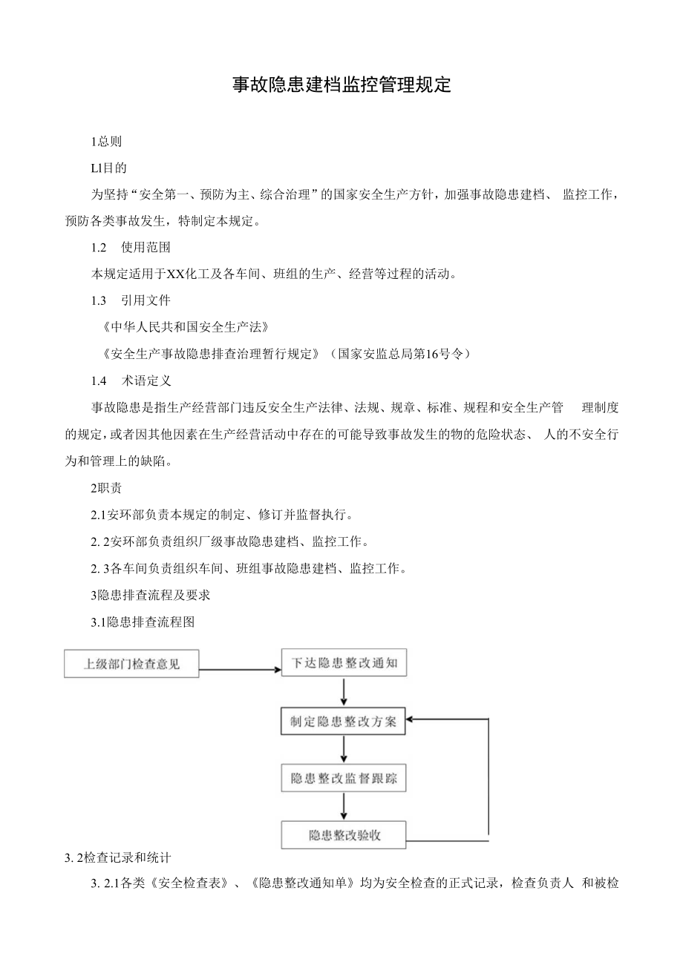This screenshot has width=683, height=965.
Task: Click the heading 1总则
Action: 106,141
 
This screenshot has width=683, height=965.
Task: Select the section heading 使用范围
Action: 146,247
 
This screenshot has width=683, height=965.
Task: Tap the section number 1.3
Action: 99,300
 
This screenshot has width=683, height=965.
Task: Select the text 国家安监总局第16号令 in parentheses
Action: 402,354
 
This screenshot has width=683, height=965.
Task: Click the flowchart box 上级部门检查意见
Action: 131,664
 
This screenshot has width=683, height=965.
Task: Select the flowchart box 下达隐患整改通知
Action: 344,663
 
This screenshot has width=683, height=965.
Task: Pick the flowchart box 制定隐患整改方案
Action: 343,721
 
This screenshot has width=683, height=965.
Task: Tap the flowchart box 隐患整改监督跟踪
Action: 344,779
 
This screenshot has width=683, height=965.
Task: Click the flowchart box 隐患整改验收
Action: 344,835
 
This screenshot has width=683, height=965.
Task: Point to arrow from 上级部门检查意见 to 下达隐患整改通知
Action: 240,669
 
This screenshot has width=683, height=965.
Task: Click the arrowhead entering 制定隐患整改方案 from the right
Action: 412,719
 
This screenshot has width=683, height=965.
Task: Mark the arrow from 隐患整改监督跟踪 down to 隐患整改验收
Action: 344,806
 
